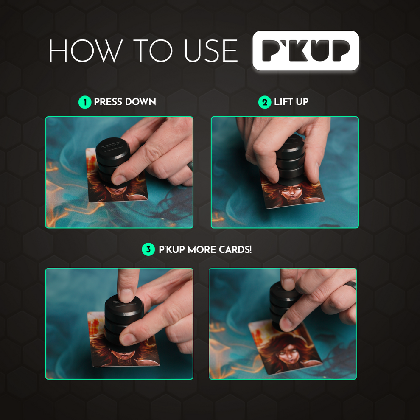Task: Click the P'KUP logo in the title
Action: [x=305, y=50]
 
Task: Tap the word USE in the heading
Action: [x=210, y=51]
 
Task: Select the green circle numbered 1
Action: [x=85, y=102]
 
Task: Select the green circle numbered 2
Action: [x=265, y=102]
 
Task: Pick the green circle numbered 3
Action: [x=148, y=250]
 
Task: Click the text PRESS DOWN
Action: [x=125, y=102]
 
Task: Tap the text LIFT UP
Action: [x=291, y=102]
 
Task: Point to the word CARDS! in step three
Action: [x=234, y=250]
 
